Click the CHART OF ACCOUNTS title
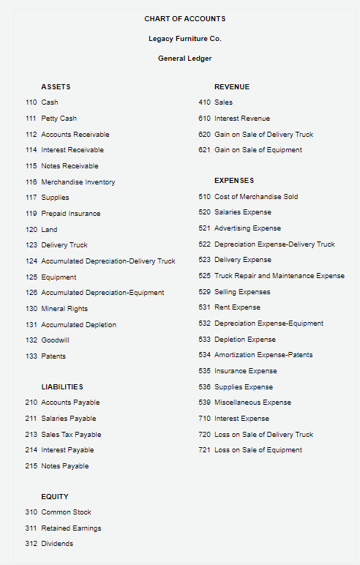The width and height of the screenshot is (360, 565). tap(184, 18)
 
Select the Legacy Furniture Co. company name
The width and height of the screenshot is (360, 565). tap(184, 38)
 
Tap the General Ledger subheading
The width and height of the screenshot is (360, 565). tap(184, 59)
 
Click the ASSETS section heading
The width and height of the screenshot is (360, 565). tap(56, 87)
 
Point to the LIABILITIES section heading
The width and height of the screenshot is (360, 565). tap(62, 386)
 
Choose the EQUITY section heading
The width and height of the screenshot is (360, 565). tap(55, 496)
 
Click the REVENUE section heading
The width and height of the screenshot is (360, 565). tap(232, 87)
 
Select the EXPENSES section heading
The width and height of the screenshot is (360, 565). tap(234, 180)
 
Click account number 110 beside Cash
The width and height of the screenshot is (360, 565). tap(31, 102)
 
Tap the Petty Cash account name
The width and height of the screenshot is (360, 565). tap(59, 119)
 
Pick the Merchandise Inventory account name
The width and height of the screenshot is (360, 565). tap(78, 182)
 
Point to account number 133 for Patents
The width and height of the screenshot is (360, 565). tap(31, 356)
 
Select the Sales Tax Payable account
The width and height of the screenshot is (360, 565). tap(72, 435)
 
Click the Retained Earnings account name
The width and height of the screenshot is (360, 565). tap(71, 528)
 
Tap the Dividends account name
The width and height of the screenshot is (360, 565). tap(57, 544)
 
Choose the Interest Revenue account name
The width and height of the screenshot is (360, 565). tap(242, 119)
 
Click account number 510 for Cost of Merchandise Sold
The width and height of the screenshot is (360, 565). tap(204, 197)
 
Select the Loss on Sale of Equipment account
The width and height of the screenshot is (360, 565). tap(258, 450)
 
